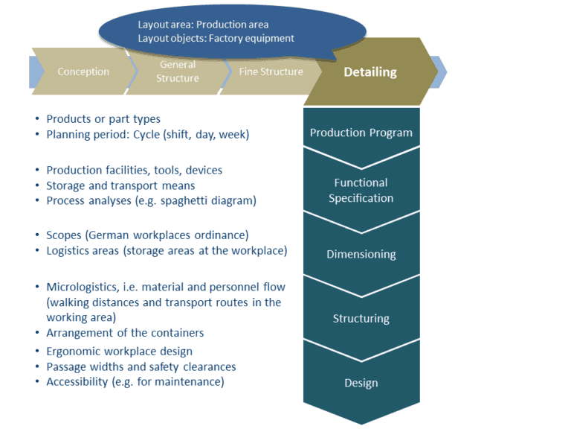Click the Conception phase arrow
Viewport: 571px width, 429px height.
point(83,71)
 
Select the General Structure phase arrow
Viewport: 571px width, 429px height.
point(178,71)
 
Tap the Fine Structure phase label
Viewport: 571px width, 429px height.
point(271,71)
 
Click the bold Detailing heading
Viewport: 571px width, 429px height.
point(370,72)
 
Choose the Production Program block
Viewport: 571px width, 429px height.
point(361,133)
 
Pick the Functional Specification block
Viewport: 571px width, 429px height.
point(361,190)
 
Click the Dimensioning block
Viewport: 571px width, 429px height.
point(361,254)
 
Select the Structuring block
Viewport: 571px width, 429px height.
point(361,318)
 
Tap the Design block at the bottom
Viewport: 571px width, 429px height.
point(361,383)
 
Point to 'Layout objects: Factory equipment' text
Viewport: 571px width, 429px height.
point(216,38)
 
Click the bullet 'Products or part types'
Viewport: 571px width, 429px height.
point(103,118)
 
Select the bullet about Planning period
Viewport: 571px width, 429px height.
point(147,135)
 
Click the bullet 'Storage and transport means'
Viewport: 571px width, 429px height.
point(120,185)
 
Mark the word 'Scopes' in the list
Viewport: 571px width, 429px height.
point(64,235)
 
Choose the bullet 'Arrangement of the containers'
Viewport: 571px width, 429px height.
point(125,333)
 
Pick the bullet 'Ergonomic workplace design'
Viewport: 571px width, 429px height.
point(119,351)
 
